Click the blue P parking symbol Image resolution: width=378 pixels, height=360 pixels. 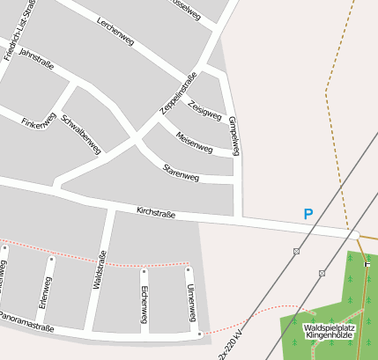(308, 214)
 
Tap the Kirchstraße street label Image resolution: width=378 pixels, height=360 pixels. (156, 213)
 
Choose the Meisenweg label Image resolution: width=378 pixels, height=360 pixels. (194, 140)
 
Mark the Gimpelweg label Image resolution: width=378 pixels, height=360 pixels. (234, 136)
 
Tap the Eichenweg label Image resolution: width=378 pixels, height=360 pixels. (144, 301)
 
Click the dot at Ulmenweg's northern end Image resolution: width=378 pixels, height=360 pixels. (188, 268)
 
